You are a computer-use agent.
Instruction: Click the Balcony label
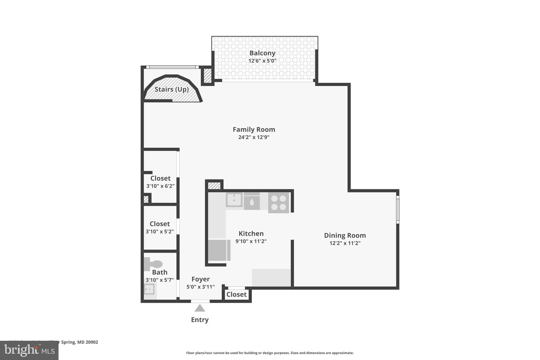tap(262, 53)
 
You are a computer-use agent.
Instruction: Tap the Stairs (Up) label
tap(171, 89)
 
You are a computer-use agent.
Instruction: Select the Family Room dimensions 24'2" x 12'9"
tap(254, 137)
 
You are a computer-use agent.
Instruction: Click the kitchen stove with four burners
tap(278, 203)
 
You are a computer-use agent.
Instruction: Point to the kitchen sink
tap(234, 200)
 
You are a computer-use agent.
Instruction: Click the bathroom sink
tap(149, 289)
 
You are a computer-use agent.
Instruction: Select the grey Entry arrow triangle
tap(200, 308)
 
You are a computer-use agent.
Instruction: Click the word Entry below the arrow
tap(200, 320)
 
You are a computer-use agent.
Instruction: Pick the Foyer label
tap(200, 279)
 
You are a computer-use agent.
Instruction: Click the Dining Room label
tap(345, 235)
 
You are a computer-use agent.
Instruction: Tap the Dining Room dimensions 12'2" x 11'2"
tap(345, 243)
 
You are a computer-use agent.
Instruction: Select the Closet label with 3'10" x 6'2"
tap(160, 178)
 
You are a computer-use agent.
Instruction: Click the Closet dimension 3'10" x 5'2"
tap(160, 232)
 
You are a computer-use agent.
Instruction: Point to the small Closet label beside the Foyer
tap(236, 294)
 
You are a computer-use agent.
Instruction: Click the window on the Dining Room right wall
tap(398, 210)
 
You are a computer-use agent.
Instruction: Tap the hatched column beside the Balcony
tap(208, 76)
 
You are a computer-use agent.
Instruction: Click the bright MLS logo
tap(29, 350)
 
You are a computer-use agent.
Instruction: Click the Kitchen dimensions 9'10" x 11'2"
tap(251, 241)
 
